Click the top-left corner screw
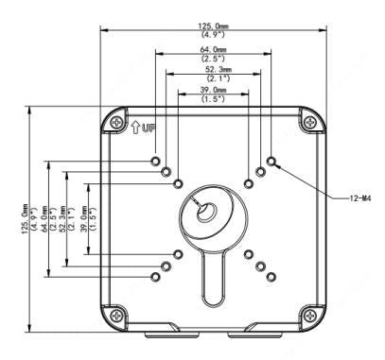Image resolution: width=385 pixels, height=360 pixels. tap(115, 123)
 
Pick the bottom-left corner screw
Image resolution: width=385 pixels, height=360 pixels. tap(115, 315)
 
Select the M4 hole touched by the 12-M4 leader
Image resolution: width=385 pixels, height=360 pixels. tap(271, 163)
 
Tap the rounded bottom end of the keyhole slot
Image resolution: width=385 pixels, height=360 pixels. tap(212, 300)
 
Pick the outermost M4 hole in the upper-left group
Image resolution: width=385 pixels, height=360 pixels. tap(155, 163)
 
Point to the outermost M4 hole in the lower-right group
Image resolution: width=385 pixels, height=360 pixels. tap(271, 277)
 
